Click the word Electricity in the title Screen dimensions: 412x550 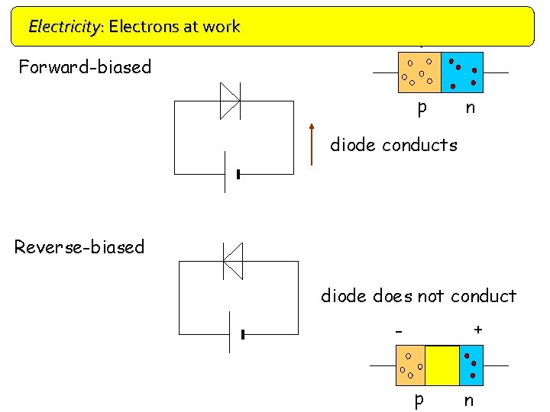pos(64,27)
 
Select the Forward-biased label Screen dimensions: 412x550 pos(85,67)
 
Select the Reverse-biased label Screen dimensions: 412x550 pos(79,247)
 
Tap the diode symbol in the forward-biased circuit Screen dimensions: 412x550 pos(230,101)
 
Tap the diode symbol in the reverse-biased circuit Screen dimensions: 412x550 pos(232,261)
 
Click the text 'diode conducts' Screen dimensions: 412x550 pos(393,145)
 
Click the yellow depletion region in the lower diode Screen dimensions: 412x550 pos(442,365)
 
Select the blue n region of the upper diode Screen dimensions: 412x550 pos(462,72)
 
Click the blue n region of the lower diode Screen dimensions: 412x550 pos(471,365)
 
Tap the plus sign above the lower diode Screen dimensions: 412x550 pos(478,330)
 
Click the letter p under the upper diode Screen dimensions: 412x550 pos(422,108)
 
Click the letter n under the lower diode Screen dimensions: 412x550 pos(469,401)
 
